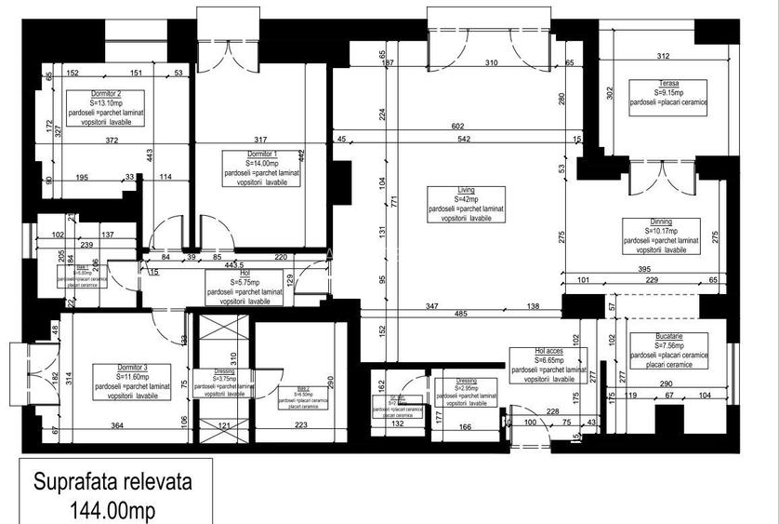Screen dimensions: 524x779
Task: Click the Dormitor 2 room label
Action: click(106, 94)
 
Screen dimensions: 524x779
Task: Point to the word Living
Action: click(466, 190)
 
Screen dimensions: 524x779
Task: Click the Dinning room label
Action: click(662, 222)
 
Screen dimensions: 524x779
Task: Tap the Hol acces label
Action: click(548, 351)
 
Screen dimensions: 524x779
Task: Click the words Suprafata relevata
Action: click(113, 483)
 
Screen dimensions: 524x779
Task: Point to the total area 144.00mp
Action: click(113, 510)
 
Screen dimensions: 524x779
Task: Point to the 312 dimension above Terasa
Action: click(664, 57)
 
